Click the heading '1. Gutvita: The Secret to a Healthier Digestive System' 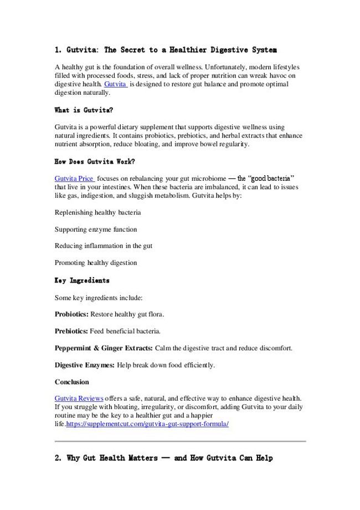tap(166, 50)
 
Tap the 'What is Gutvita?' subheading tap(84, 110)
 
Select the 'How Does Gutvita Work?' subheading tap(95, 162)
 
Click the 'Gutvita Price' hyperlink tap(74, 178)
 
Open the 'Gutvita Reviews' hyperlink tap(79, 399)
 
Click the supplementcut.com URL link tap(147, 424)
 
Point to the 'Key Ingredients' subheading tap(82, 280)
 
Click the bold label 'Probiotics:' tap(71, 314)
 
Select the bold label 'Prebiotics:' tap(71, 331)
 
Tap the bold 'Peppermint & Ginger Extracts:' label tap(104, 348)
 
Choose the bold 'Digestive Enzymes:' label tap(85, 365)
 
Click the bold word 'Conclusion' tap(71, 382)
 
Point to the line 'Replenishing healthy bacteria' tap(97, 212)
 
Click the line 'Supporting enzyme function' tap(96, 229)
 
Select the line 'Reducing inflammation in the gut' tap(104, 246)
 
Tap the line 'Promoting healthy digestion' tap(96, 263)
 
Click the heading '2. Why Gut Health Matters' tap(164, 459)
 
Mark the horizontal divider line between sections tap(180, 441)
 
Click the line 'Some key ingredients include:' tap(99, 298)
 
